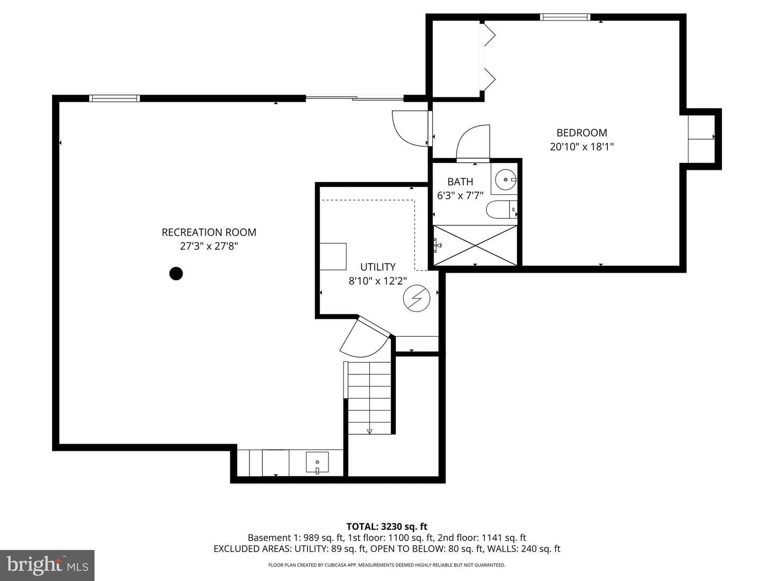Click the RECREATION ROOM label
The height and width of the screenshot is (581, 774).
tap(209, 232)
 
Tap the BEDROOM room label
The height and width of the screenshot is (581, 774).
tap(582, 133)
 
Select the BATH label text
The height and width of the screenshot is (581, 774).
tap(460, 182)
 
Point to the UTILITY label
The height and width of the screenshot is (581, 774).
tap(378, 267)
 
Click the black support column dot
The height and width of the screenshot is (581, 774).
tap(176, 273)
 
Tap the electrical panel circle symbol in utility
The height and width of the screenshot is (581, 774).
tap(417, 298)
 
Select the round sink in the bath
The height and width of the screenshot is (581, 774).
tap(506, 180)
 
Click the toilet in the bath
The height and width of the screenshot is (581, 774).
tap(501, 210)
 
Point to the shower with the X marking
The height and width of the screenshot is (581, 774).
tap(475, 245)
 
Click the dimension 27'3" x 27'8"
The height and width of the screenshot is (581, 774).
tap(209, 246)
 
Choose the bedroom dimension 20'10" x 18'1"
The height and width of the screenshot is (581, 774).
tap(582, 146)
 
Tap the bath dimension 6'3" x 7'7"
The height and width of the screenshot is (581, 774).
tap(460, 195)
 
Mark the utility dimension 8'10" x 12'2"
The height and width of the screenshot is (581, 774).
tap(378, 281)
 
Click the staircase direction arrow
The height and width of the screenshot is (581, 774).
tap(370, 431)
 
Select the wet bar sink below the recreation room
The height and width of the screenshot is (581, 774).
tap(317, 462)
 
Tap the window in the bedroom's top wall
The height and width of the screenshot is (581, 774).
tap(565, 17)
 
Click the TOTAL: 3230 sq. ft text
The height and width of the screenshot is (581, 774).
tap(387, 527)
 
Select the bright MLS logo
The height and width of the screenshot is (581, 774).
tap(47, 565)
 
